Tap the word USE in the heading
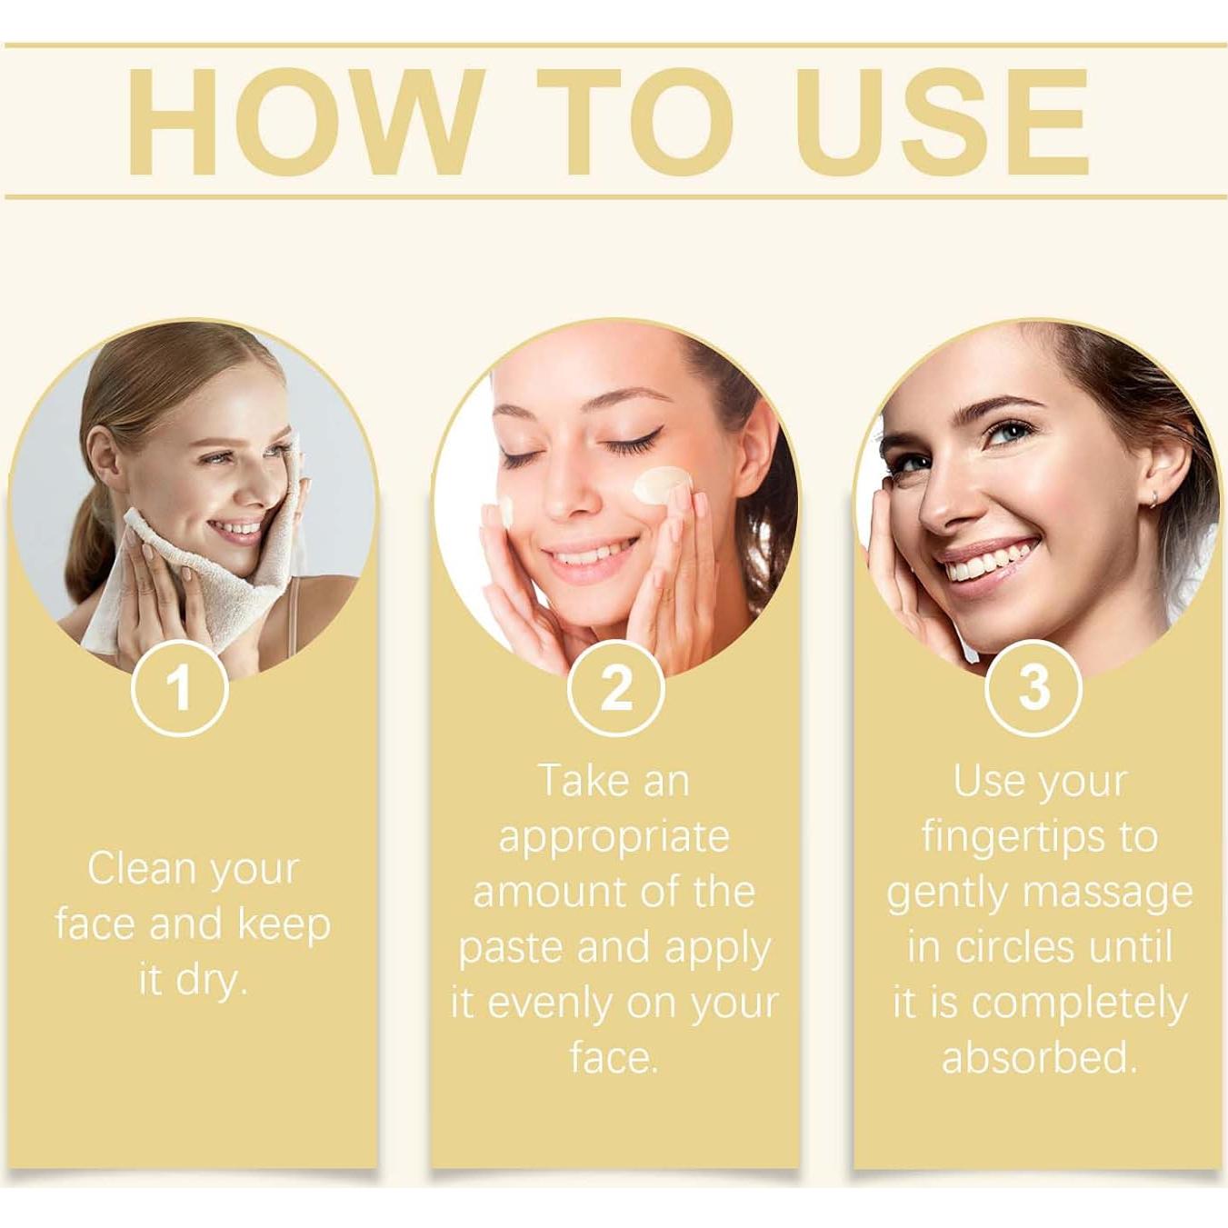click(x=945, y=123)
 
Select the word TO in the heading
click(x=636, y=123)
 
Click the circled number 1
click(x=179, y=688)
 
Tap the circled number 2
click(x=615, y=688)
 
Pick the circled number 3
click(x=1033, y=688)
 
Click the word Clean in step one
click(x=144, y=869)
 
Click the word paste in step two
click(x=511, y=948)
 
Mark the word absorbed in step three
click(x=1039, y=1058)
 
